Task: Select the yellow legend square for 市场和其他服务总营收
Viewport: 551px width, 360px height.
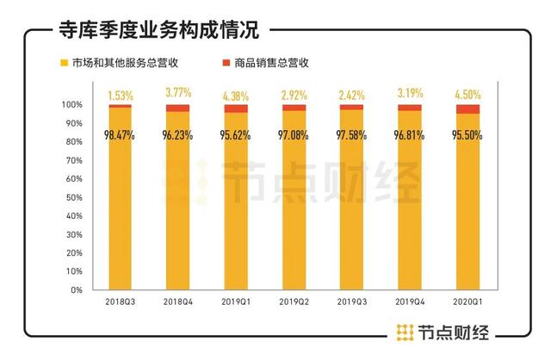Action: pyautogui.click(x=63, y=63)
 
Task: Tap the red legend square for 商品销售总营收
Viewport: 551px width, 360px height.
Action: pyautogui.click(x=227, y=63)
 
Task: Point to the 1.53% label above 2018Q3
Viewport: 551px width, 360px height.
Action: pyautogui.click(x=121, y=92)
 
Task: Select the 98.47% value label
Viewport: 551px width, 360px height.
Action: pyautogui.click(x=121, y=133)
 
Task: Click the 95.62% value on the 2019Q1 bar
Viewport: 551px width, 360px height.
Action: pyautogui.click(x=236, y=135)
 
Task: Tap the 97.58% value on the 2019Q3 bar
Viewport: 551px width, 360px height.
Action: pyautogui.click(x=351, y=134)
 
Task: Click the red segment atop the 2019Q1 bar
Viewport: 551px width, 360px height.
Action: pyautogui.click(x=236, y=109)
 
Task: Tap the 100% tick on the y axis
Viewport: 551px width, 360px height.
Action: pyautogui.click(x=71, y=104)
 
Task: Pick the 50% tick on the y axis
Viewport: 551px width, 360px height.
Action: pyautogui.click(x=73, y=197)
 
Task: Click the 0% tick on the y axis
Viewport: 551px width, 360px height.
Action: pyautogui.click(x=76, y=290)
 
